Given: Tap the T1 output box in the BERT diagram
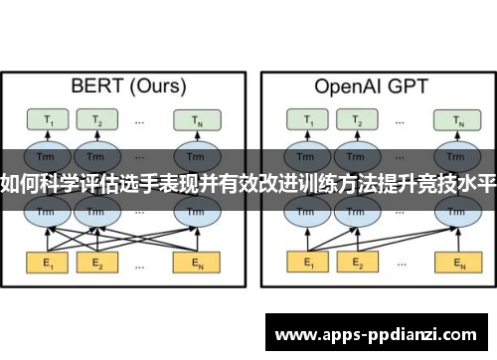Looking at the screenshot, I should point(46,120).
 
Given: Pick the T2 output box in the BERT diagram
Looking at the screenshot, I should point(96,120).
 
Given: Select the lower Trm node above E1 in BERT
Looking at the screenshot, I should point(46,212).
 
